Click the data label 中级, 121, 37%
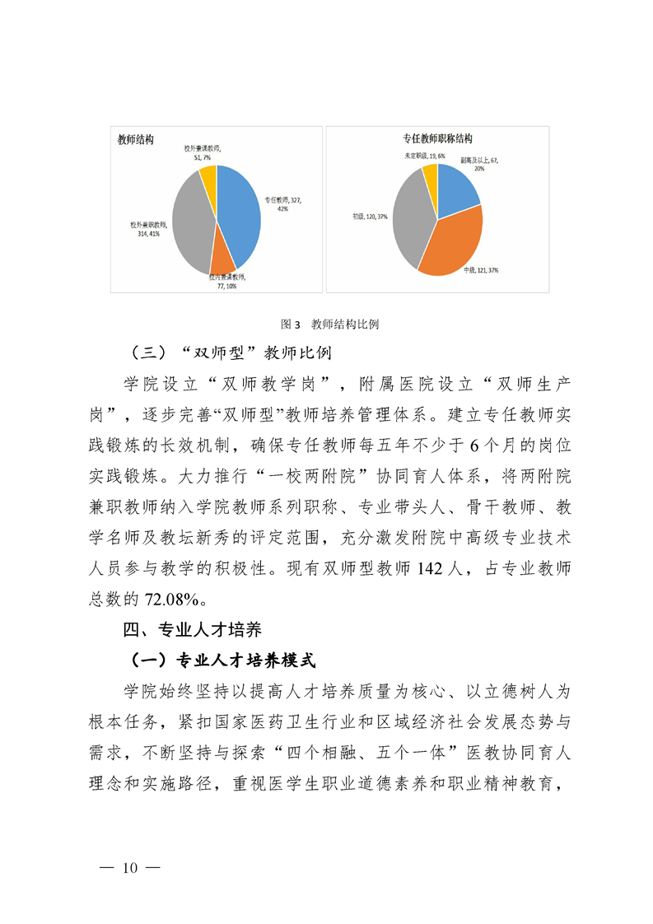click(x=481, y=269)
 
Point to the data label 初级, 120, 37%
click(x=370, y=216)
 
